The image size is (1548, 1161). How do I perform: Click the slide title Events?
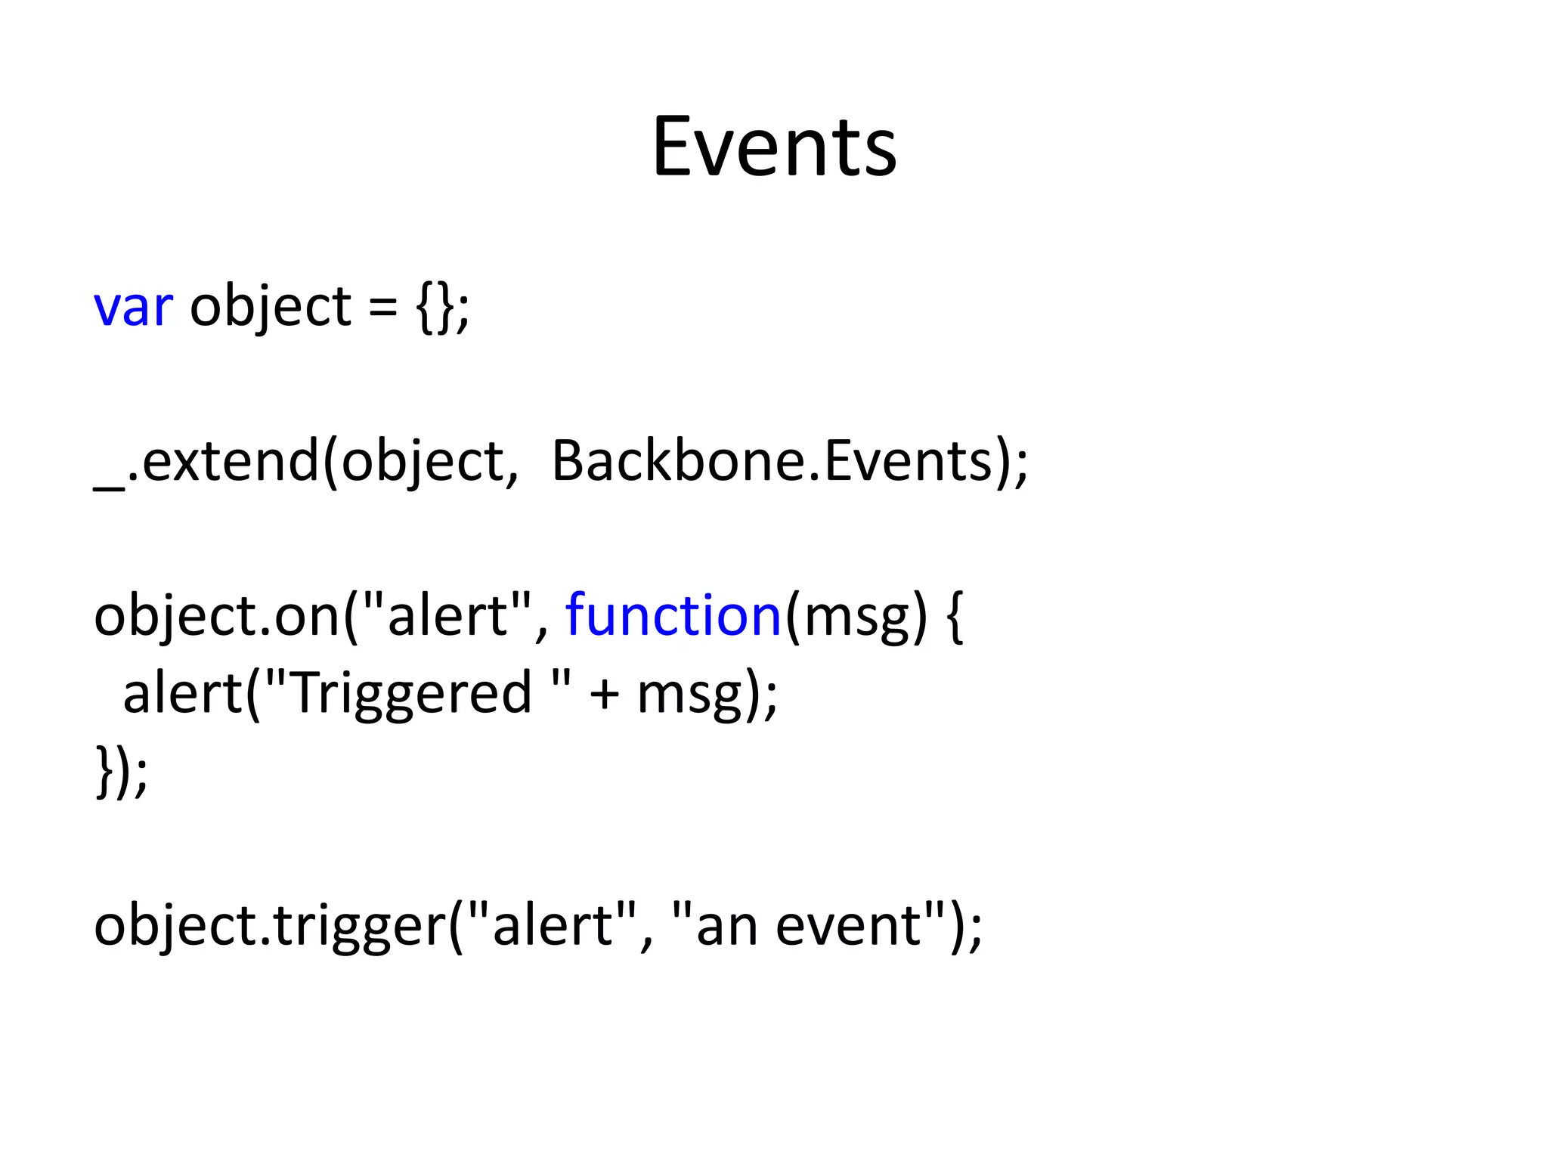click(774, 147)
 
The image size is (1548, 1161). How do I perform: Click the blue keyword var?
click(133, 308)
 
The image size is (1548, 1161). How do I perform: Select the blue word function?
click(673, 615)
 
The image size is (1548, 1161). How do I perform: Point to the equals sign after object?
click(382, 308)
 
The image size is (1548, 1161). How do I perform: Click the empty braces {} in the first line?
click(434, 308)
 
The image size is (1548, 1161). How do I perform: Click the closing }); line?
click(121, 771)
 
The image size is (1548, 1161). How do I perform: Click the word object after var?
click(270, 308)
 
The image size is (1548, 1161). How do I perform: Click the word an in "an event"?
click(726, 927)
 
